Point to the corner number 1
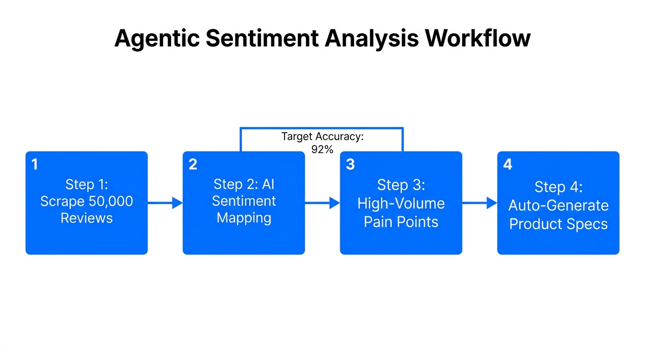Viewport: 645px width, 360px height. [34, 165]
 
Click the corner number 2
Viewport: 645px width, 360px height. [193, 165]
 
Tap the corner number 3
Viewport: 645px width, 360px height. [350, 165]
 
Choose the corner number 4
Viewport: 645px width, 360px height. [508, 165]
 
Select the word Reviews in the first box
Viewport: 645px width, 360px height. [87, 218]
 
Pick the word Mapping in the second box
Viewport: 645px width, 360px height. [244, 218]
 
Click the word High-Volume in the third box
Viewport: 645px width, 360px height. [401, 203]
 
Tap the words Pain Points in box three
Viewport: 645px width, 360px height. [401, 222]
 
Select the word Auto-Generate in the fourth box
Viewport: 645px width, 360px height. [558, 205]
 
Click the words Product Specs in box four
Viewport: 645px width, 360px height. [558, 224]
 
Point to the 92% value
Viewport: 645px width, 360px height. [322, 150]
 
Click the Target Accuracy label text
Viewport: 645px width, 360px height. [322, 137]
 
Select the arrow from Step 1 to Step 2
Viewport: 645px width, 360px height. [165, 203]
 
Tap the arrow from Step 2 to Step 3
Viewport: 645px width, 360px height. [322, 203]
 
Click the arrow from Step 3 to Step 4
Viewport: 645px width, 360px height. [480, 203]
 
